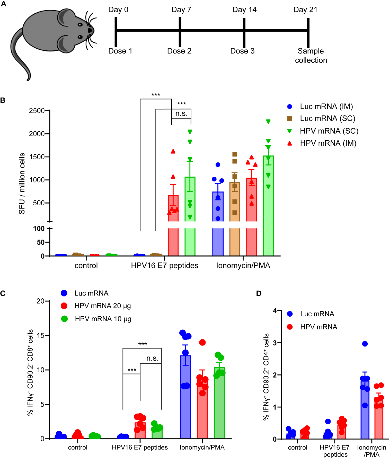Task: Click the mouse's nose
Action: tap(90, 30)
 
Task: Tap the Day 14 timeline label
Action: tap(244, 10)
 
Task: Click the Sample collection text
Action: tap(311, 56)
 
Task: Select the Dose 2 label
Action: tap(179, 51)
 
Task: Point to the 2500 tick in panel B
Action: tap(37, 111)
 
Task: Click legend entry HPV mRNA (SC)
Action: tap(329, 131)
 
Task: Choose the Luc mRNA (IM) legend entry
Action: tap(326, 106)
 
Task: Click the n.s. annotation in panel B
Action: tap(181, 114)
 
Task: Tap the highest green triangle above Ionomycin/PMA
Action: tap(268, 122)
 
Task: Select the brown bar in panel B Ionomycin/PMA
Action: tap(235, 218)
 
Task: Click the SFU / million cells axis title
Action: tap(22, 183)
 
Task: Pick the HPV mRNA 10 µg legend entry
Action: tap(103, 319)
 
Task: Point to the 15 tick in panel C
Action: tap(41, 335)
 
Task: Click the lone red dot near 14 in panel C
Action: tap(202, 342)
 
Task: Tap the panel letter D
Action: tap(259, 293)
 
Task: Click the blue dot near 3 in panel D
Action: tap(365, 344)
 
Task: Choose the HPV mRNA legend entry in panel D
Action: tap(319, 327)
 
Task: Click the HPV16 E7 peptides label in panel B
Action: tap(165, 265)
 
